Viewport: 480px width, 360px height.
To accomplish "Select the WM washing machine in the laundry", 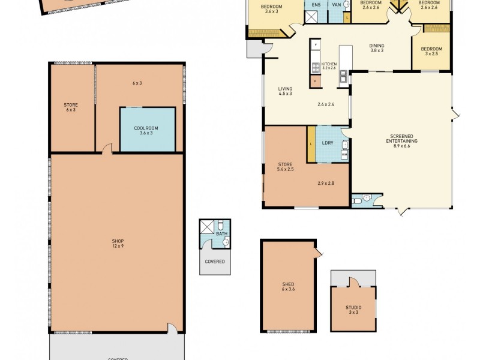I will [344, 155].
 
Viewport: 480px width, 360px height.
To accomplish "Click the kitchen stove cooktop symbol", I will [315, 58].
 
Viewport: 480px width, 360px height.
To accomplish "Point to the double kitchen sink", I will [343, 76].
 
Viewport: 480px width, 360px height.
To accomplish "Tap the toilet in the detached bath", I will [226, 242].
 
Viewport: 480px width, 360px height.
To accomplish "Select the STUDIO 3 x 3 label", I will [353, 309].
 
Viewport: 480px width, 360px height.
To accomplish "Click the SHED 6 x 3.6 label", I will [288, 287].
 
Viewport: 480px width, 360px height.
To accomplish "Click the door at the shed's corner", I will [317, 250].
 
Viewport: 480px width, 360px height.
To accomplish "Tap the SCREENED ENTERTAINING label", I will [401, 142].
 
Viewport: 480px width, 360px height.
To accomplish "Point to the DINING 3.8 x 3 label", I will [376, 48].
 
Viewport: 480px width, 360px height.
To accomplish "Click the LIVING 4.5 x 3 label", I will [285, 91].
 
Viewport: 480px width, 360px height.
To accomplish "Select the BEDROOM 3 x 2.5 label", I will [431, 51].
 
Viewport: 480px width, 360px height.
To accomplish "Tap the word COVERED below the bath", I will [215, 262].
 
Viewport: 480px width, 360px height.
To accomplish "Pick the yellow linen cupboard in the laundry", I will [311, 144].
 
